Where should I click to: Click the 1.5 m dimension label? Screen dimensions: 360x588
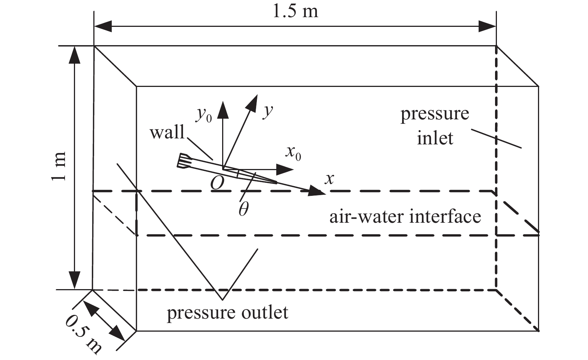coord(295,11)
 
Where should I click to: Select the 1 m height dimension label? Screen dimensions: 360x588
coord(60,166)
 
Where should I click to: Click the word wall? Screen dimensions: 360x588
coord(167,132)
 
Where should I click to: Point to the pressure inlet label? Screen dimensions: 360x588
coord(435,126)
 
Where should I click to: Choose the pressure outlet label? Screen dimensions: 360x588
coord(227,313)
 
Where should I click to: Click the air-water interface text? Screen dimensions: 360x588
coord(405,217)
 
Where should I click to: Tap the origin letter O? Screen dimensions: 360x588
coord(217,183)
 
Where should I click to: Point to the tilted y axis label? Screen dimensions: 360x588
coord(267,111)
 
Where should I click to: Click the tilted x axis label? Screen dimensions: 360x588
coord(329,179)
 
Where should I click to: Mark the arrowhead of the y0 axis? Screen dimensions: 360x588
coord(223,109)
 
